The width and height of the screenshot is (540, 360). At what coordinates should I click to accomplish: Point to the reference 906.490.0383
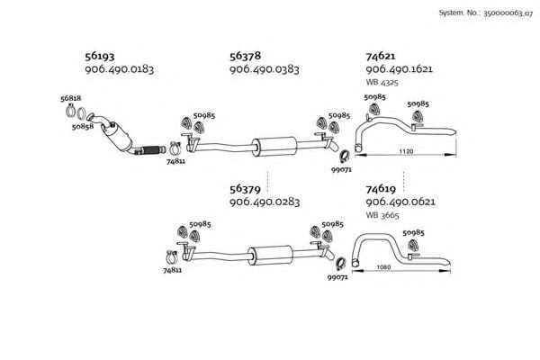(264, 69)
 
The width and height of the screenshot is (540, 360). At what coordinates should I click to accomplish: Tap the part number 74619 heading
(382, 189)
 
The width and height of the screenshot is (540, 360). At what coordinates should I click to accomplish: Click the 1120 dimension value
(405, 153)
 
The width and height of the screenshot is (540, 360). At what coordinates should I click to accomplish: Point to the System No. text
(487, 13)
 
